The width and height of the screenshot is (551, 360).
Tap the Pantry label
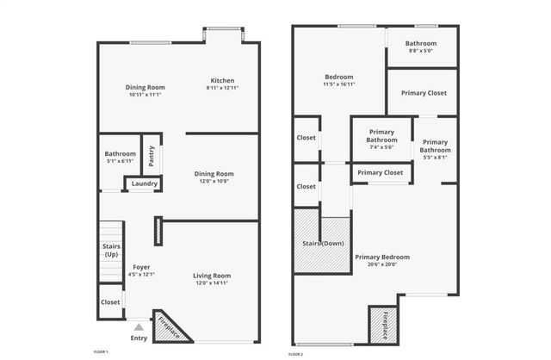click(x=152, y=156)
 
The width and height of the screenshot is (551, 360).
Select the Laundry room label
click(x=144, y=183)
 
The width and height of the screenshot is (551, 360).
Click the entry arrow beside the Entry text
click(x=139, y=327)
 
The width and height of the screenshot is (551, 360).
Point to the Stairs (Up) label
click(x=111, y=250)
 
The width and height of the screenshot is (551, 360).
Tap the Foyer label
click(x=141, y=267)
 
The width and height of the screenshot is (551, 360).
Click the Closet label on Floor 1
click(x=110, y=302)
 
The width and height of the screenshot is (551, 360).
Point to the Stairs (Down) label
click(x=323, y=244)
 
